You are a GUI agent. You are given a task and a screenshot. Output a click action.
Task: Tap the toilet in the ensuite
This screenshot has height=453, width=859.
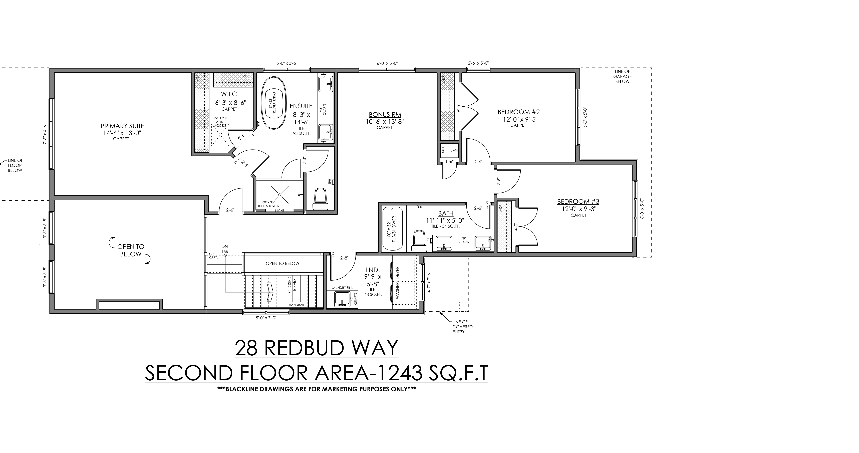320,199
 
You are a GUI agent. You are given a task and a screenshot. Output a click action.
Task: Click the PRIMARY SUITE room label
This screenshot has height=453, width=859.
122,126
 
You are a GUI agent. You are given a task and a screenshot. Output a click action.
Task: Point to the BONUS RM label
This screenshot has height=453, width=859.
385,115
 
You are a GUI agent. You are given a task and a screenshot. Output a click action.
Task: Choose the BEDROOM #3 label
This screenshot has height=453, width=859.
578,202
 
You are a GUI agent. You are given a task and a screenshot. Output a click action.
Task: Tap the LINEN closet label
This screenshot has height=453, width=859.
452,151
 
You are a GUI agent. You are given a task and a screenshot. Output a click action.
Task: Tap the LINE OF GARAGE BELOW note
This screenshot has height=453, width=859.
622,76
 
